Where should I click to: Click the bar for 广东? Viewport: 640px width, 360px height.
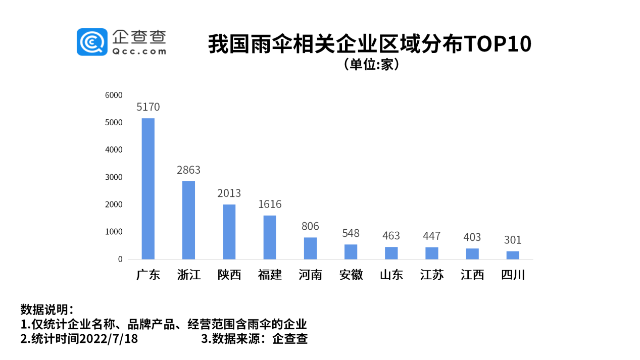148,188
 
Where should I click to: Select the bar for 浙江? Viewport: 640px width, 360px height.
188,220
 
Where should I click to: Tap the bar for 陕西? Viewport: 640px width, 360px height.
229,232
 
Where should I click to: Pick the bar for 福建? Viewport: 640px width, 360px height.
270,237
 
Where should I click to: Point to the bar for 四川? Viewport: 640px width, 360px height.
513,255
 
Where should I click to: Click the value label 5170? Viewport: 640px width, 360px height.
148,107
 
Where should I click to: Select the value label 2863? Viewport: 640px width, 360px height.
188,170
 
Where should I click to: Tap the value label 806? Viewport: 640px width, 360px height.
310,226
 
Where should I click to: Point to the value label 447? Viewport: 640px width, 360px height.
431,236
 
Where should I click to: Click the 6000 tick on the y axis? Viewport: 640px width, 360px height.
114,95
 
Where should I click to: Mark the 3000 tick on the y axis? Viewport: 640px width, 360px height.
114,177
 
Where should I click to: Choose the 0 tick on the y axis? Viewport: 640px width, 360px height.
120,259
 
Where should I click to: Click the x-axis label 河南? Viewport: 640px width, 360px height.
310,275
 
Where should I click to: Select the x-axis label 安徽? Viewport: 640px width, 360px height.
351,275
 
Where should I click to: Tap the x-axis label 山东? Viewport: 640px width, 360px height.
391,275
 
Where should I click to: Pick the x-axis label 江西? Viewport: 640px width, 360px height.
472,275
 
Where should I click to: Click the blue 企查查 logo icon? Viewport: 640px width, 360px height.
92,42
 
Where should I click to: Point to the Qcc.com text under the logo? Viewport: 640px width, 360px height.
139,51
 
